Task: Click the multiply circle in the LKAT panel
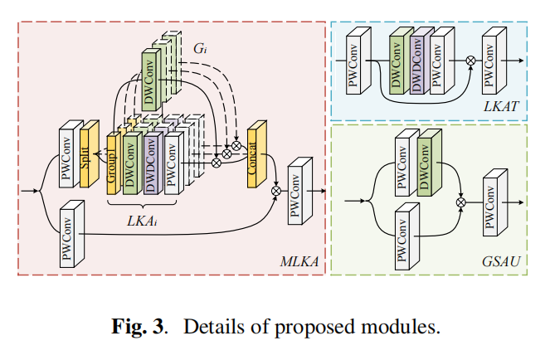point(470,61)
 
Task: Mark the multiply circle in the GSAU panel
point(460,201)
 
